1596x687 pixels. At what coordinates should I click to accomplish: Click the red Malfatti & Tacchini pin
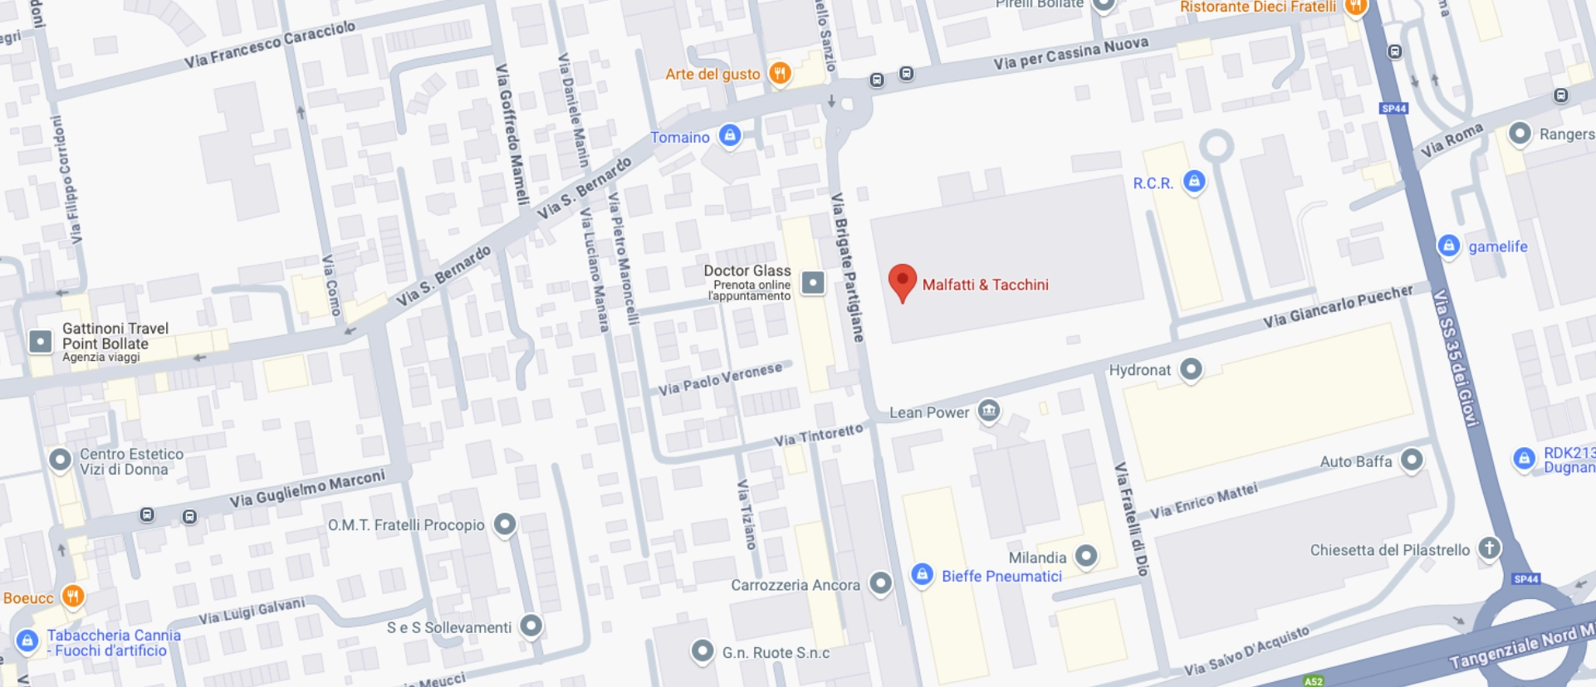pyautogui.click(x=902, y=281)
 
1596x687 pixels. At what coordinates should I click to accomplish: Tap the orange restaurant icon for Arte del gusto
pyautogui.click(x=779, y=73)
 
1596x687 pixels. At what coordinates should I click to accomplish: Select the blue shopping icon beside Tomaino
pyautogui.click(x=729, y=135)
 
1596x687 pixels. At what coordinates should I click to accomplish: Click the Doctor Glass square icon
pyautogui.click(x=813, y=284)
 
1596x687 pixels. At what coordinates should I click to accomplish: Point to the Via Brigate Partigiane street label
pyautogui.click(x=848, y=268)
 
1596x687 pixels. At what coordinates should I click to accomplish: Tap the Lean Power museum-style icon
pyautogui.click(x=988, y=411)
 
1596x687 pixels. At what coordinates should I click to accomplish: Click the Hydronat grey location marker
pyautogui.click(x=1191, y=368)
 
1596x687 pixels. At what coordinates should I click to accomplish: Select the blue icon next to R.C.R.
pyautogui.click(x=1194, y=181)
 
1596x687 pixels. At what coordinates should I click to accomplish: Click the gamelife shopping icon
pyautogui.click(x=1448, y=246)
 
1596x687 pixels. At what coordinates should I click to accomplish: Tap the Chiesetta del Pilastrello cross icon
pyautogui.click(x=1490, y=548)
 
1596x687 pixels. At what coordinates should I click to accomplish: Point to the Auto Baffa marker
pyautogui.click(x=1412, y=459)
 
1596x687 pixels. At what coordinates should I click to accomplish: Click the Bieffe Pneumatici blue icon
pyautogui.click(x=922, y=573)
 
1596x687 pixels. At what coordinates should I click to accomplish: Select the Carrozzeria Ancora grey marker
pyautogui.click(x=880, y=583)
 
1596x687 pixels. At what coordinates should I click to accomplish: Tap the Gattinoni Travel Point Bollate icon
pyautogui.click(x=40, y=341)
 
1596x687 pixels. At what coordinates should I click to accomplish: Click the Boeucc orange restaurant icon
pyautogui.click(x=73, y=596)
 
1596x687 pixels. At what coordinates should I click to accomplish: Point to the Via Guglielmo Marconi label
pyautogui.click(x=307, y=489)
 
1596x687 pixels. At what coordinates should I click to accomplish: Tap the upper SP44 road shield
pyautogui.click(x=1393, y=109)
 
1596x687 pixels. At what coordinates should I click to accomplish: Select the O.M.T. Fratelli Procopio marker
pyautogui.click(x=505, y=524)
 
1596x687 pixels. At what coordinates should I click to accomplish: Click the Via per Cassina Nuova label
pyautogui.click(x=1070, y=53)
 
